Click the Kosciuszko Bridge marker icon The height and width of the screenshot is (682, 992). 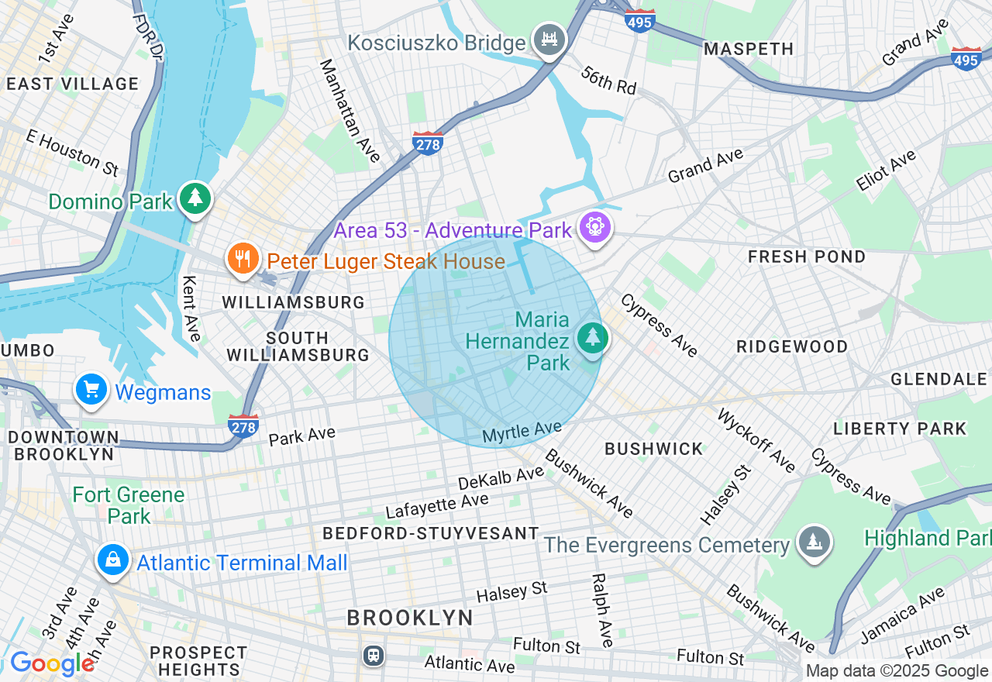pyautogui.click(x=549, y=39)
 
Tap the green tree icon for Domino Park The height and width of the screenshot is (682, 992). pyautogui.click(x=195, y=198)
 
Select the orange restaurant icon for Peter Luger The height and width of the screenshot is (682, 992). pyautogui.click(x=243, y=259)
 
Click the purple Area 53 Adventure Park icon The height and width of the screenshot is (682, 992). pyautogui.click(x=595, y=227)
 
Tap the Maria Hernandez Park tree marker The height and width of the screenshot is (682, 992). pyautogui.click(x=593, y=338)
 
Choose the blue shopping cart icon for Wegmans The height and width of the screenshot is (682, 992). pyautogui.click(x=91, y=390)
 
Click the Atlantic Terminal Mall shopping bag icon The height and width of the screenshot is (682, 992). pyautogui.click(x=113, y=560)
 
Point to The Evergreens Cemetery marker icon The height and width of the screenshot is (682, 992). pyautogui.click(x=813, y=542)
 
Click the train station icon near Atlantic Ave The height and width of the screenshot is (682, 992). pyautogui.click(x=374, y=656)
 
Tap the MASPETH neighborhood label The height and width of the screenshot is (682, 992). pyautogui.click(x=748, y=50)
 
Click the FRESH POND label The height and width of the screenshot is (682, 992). pyautogui.click(x=807, y=257)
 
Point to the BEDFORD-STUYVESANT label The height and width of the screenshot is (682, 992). pyautogui.click(x=430, y=533)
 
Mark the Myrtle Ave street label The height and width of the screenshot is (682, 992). pyautogui.click(x=522, y=432)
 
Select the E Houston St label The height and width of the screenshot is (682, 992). pyautogui.click(x=71, y=152)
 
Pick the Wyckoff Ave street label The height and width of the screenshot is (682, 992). pyautogui.click(x=756, y=440)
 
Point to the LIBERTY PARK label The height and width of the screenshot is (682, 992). pyautogui.click(x=900, y=429)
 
